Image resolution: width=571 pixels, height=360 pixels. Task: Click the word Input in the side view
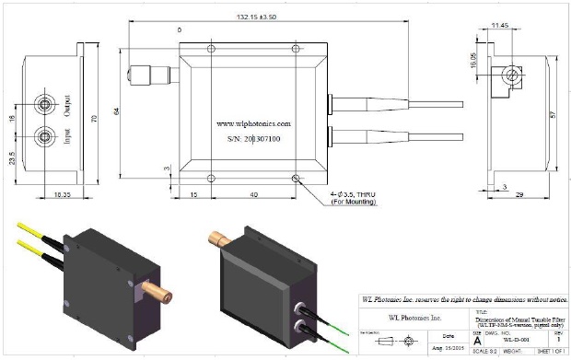point(66,138)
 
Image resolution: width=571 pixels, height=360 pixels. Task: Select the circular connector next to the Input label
point(43,138)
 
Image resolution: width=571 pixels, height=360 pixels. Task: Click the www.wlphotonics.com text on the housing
point(253,122)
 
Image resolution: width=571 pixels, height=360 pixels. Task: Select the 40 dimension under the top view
point(253,195)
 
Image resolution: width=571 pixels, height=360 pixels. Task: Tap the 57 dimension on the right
point(551,119)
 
